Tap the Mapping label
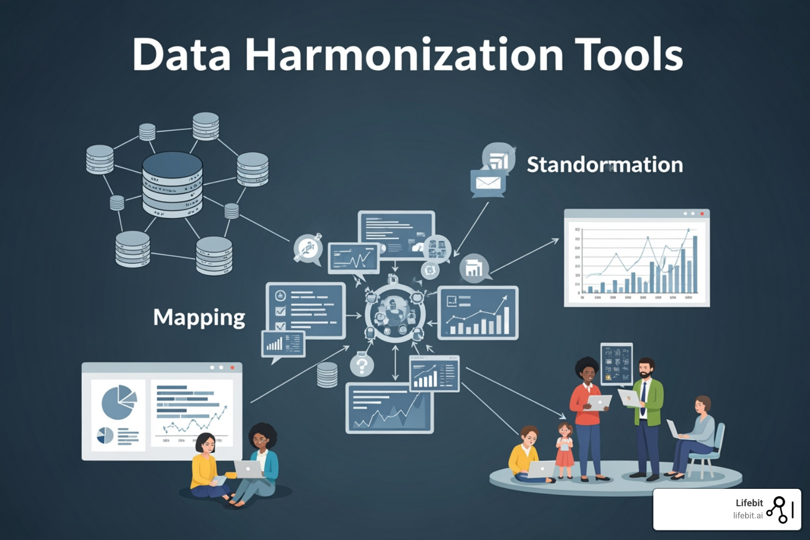point(199,317)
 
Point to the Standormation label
point(604,165)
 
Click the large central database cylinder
point(172,185)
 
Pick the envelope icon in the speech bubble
point(488,182)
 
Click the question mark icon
point(362,365)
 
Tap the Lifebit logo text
point(749,503)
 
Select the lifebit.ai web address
point(747,516)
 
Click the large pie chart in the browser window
point(118,401)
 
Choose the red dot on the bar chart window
point(702,214)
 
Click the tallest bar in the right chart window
point(695,264)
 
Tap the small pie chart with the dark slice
point(105,436)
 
